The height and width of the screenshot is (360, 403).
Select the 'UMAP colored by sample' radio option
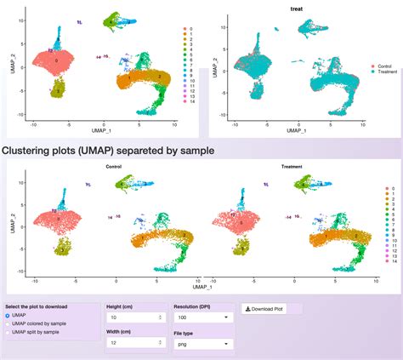[9, 324]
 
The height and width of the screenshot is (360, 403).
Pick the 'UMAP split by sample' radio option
[9, 334]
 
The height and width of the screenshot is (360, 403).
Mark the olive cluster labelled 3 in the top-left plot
[58, 89]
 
